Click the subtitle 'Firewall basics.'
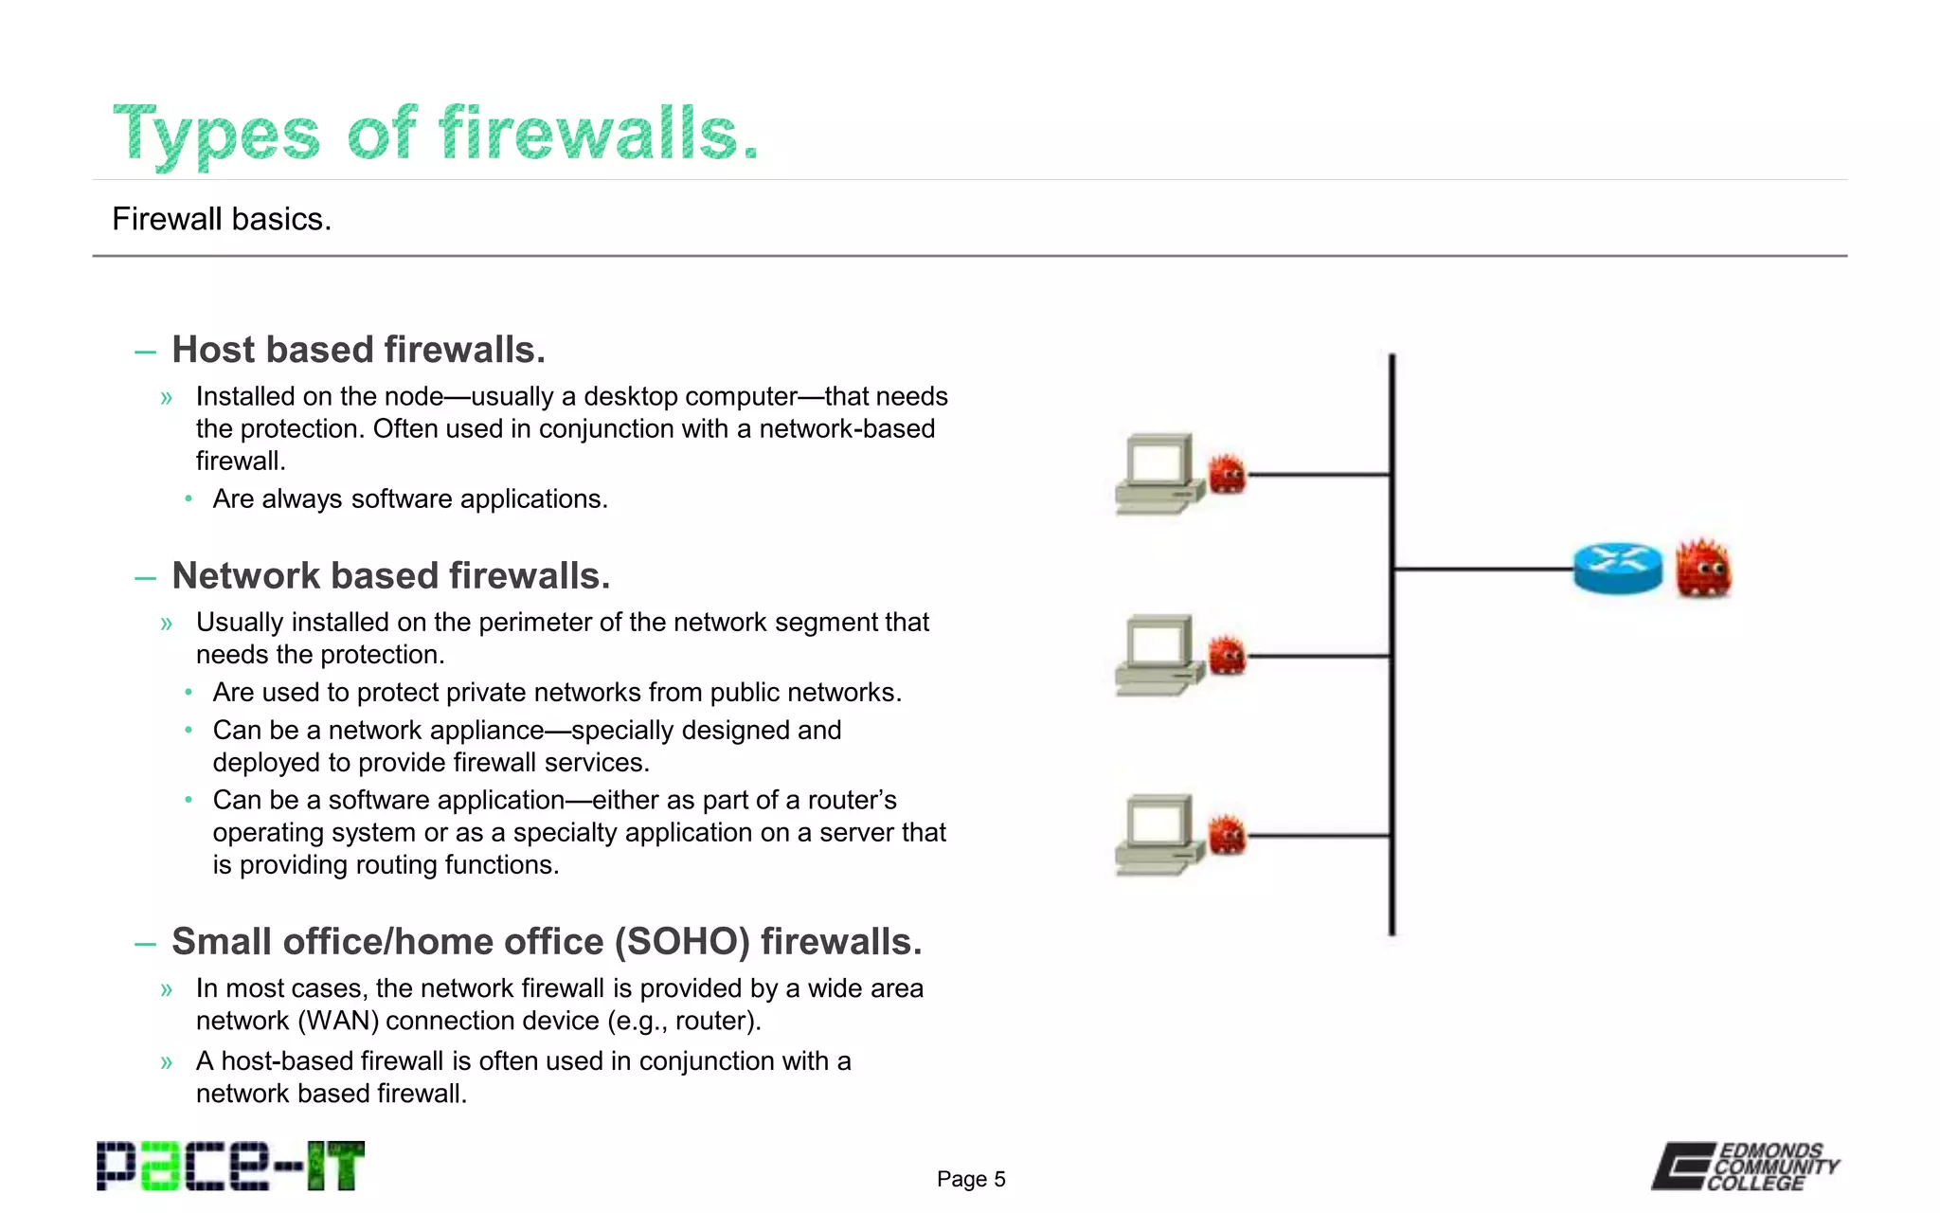tap(222, 219)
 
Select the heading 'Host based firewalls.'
tap(358, 350)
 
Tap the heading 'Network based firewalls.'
tap(390, 576)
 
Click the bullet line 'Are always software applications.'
tap(409, 499)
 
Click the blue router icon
tap(1618, 568)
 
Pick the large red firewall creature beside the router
tap(1703, 569)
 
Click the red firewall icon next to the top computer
tap(1228, 474)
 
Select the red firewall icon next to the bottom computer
tap(1228, 835)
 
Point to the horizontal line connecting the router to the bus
tap(1482, 569)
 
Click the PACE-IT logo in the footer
tap(230, 1167)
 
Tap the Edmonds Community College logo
tap(1746, 1167)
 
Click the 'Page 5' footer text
tap(971, 1179)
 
